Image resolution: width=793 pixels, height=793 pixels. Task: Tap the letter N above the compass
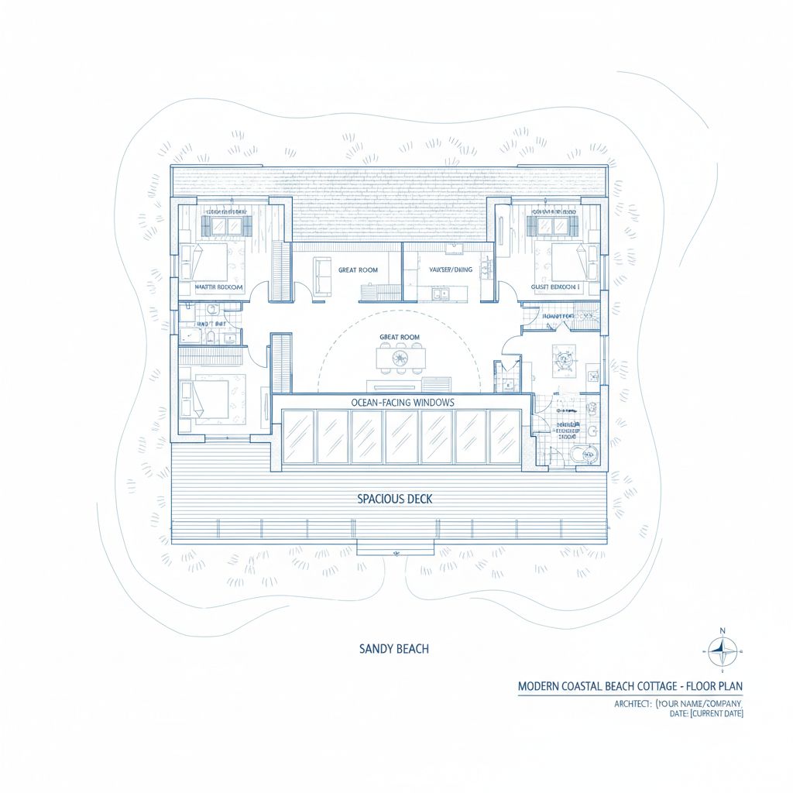point(723,630)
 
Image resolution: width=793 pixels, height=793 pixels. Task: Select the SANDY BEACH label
point(394,648)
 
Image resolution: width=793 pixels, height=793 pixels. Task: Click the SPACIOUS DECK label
point(395,499)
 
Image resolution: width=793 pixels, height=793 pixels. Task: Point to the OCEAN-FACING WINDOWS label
point(403,403)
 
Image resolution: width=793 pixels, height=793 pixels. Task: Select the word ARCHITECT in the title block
point(631,703)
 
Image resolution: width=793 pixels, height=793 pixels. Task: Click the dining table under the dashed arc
point(400,359)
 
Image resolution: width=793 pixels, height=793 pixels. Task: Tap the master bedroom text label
point(219,287)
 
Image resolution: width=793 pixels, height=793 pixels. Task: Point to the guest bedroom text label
point(555,287)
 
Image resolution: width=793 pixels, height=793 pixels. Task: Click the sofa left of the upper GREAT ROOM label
point(322,273)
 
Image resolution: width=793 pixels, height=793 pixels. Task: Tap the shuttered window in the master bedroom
point(226,225)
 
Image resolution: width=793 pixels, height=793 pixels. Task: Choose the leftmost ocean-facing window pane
point(298,437)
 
